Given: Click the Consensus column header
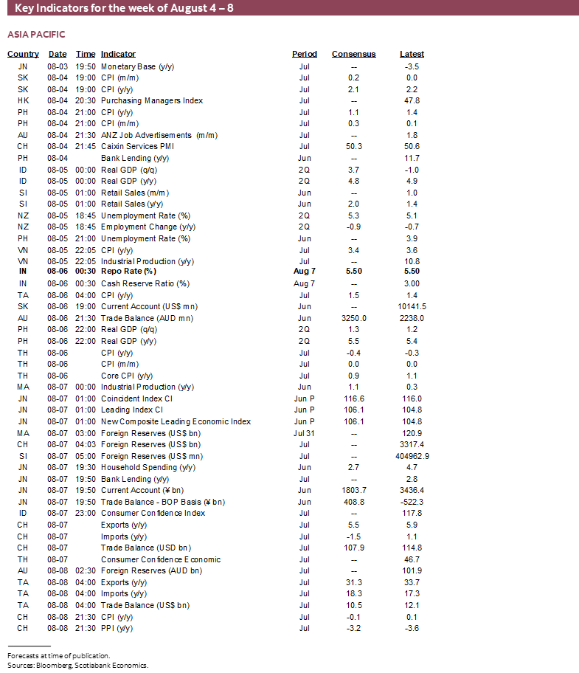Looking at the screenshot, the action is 353,54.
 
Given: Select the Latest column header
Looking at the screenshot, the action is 412,54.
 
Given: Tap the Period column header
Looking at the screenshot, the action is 304,54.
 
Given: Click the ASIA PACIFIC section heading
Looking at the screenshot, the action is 36,35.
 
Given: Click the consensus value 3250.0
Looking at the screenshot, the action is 353,318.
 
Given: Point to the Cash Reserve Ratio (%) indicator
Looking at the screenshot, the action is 145,283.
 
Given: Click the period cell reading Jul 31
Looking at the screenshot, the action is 304,433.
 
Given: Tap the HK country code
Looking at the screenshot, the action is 23,100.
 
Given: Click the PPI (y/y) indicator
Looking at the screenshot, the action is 117,628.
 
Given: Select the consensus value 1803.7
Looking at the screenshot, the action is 353,490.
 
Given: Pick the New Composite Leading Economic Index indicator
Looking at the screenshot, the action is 176,421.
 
